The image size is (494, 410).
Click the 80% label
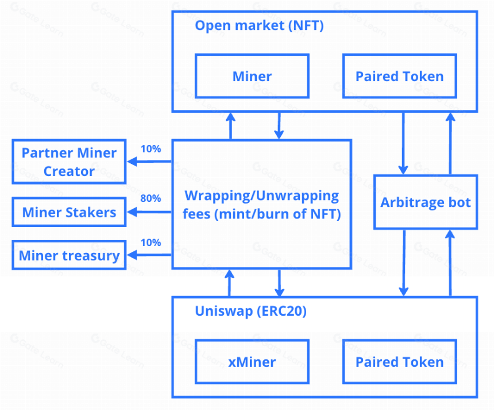[150, 198]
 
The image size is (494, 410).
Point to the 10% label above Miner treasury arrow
[150, 243]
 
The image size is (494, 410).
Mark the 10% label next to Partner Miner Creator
[150, 148]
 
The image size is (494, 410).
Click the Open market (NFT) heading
[259, 25]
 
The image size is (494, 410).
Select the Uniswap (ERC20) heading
[250, 311]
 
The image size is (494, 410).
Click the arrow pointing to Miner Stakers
[149, 212]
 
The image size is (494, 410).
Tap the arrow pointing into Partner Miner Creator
[149, 162]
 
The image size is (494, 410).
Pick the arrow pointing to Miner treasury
[149, 255]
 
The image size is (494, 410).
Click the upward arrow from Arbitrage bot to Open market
[450, 144]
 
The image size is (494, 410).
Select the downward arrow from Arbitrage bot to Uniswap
[404, 263]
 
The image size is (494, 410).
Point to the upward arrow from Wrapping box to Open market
[230, 125]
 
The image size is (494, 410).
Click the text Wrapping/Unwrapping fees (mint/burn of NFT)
[261, 205]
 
